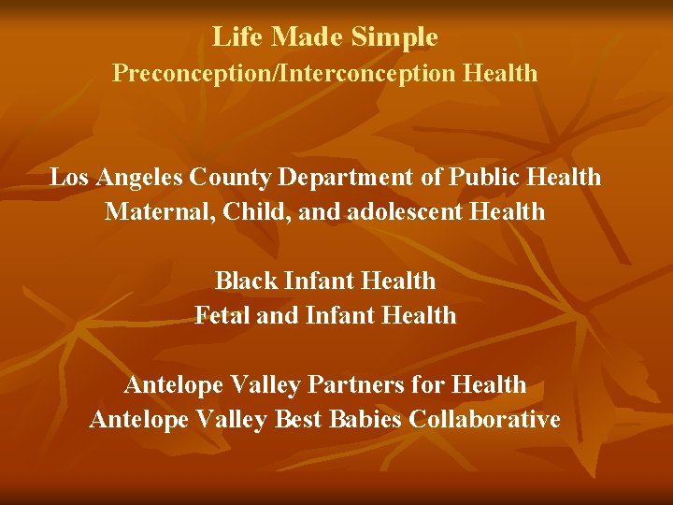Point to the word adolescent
(x=404, y=211)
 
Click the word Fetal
(x=222, y=315)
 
